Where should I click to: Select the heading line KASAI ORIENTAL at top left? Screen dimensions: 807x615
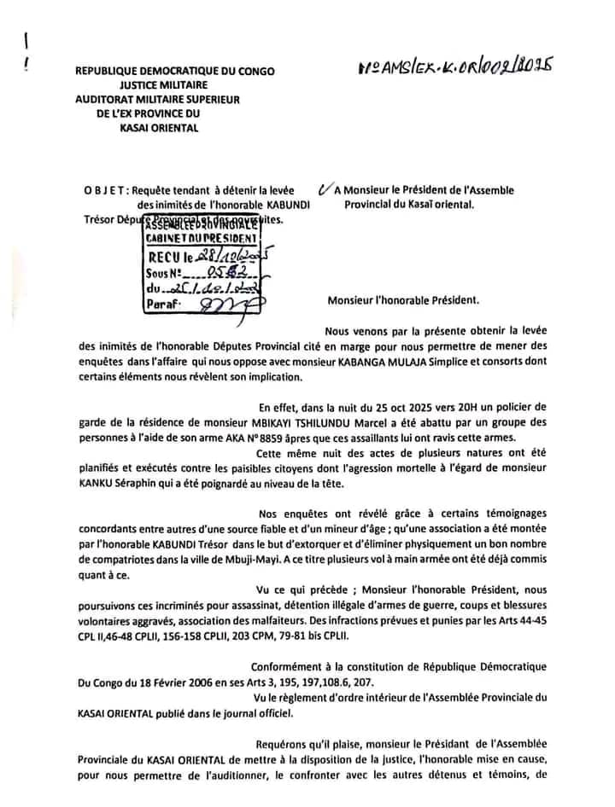click(161, 128)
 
